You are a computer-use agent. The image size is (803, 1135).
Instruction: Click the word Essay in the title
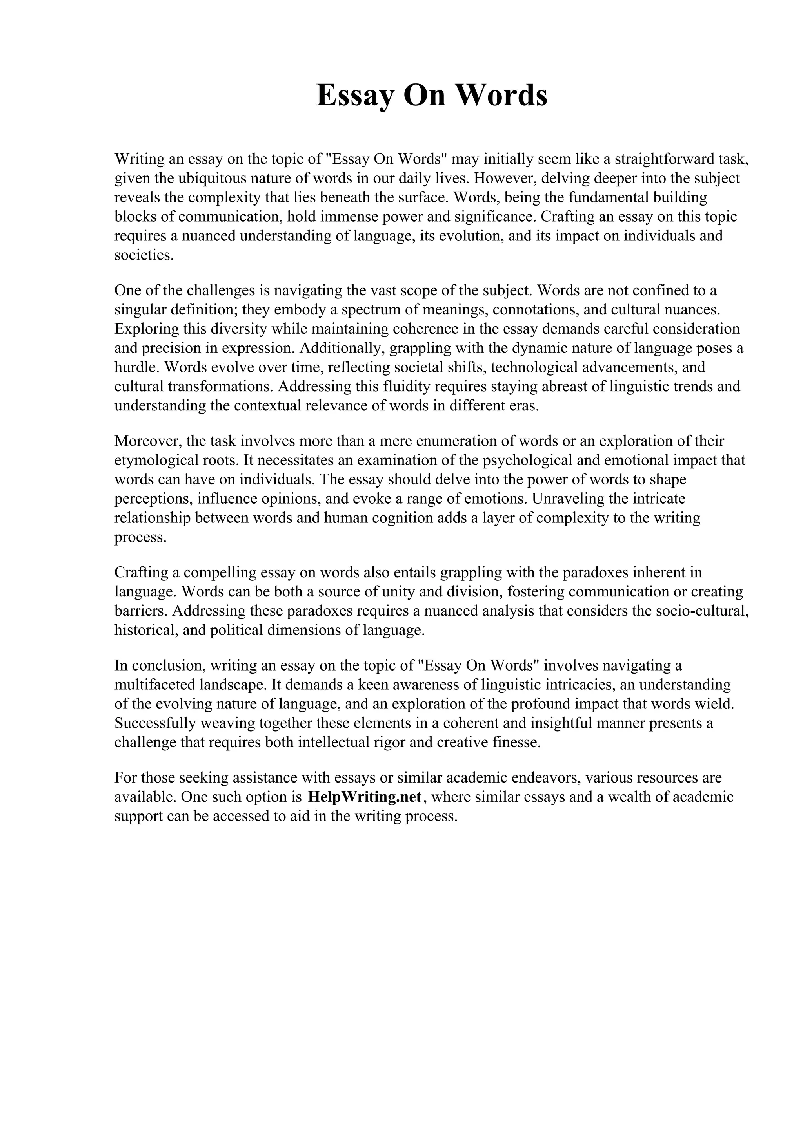point(355,96)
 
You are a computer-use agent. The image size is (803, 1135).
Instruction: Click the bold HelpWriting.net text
point(365,796)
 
